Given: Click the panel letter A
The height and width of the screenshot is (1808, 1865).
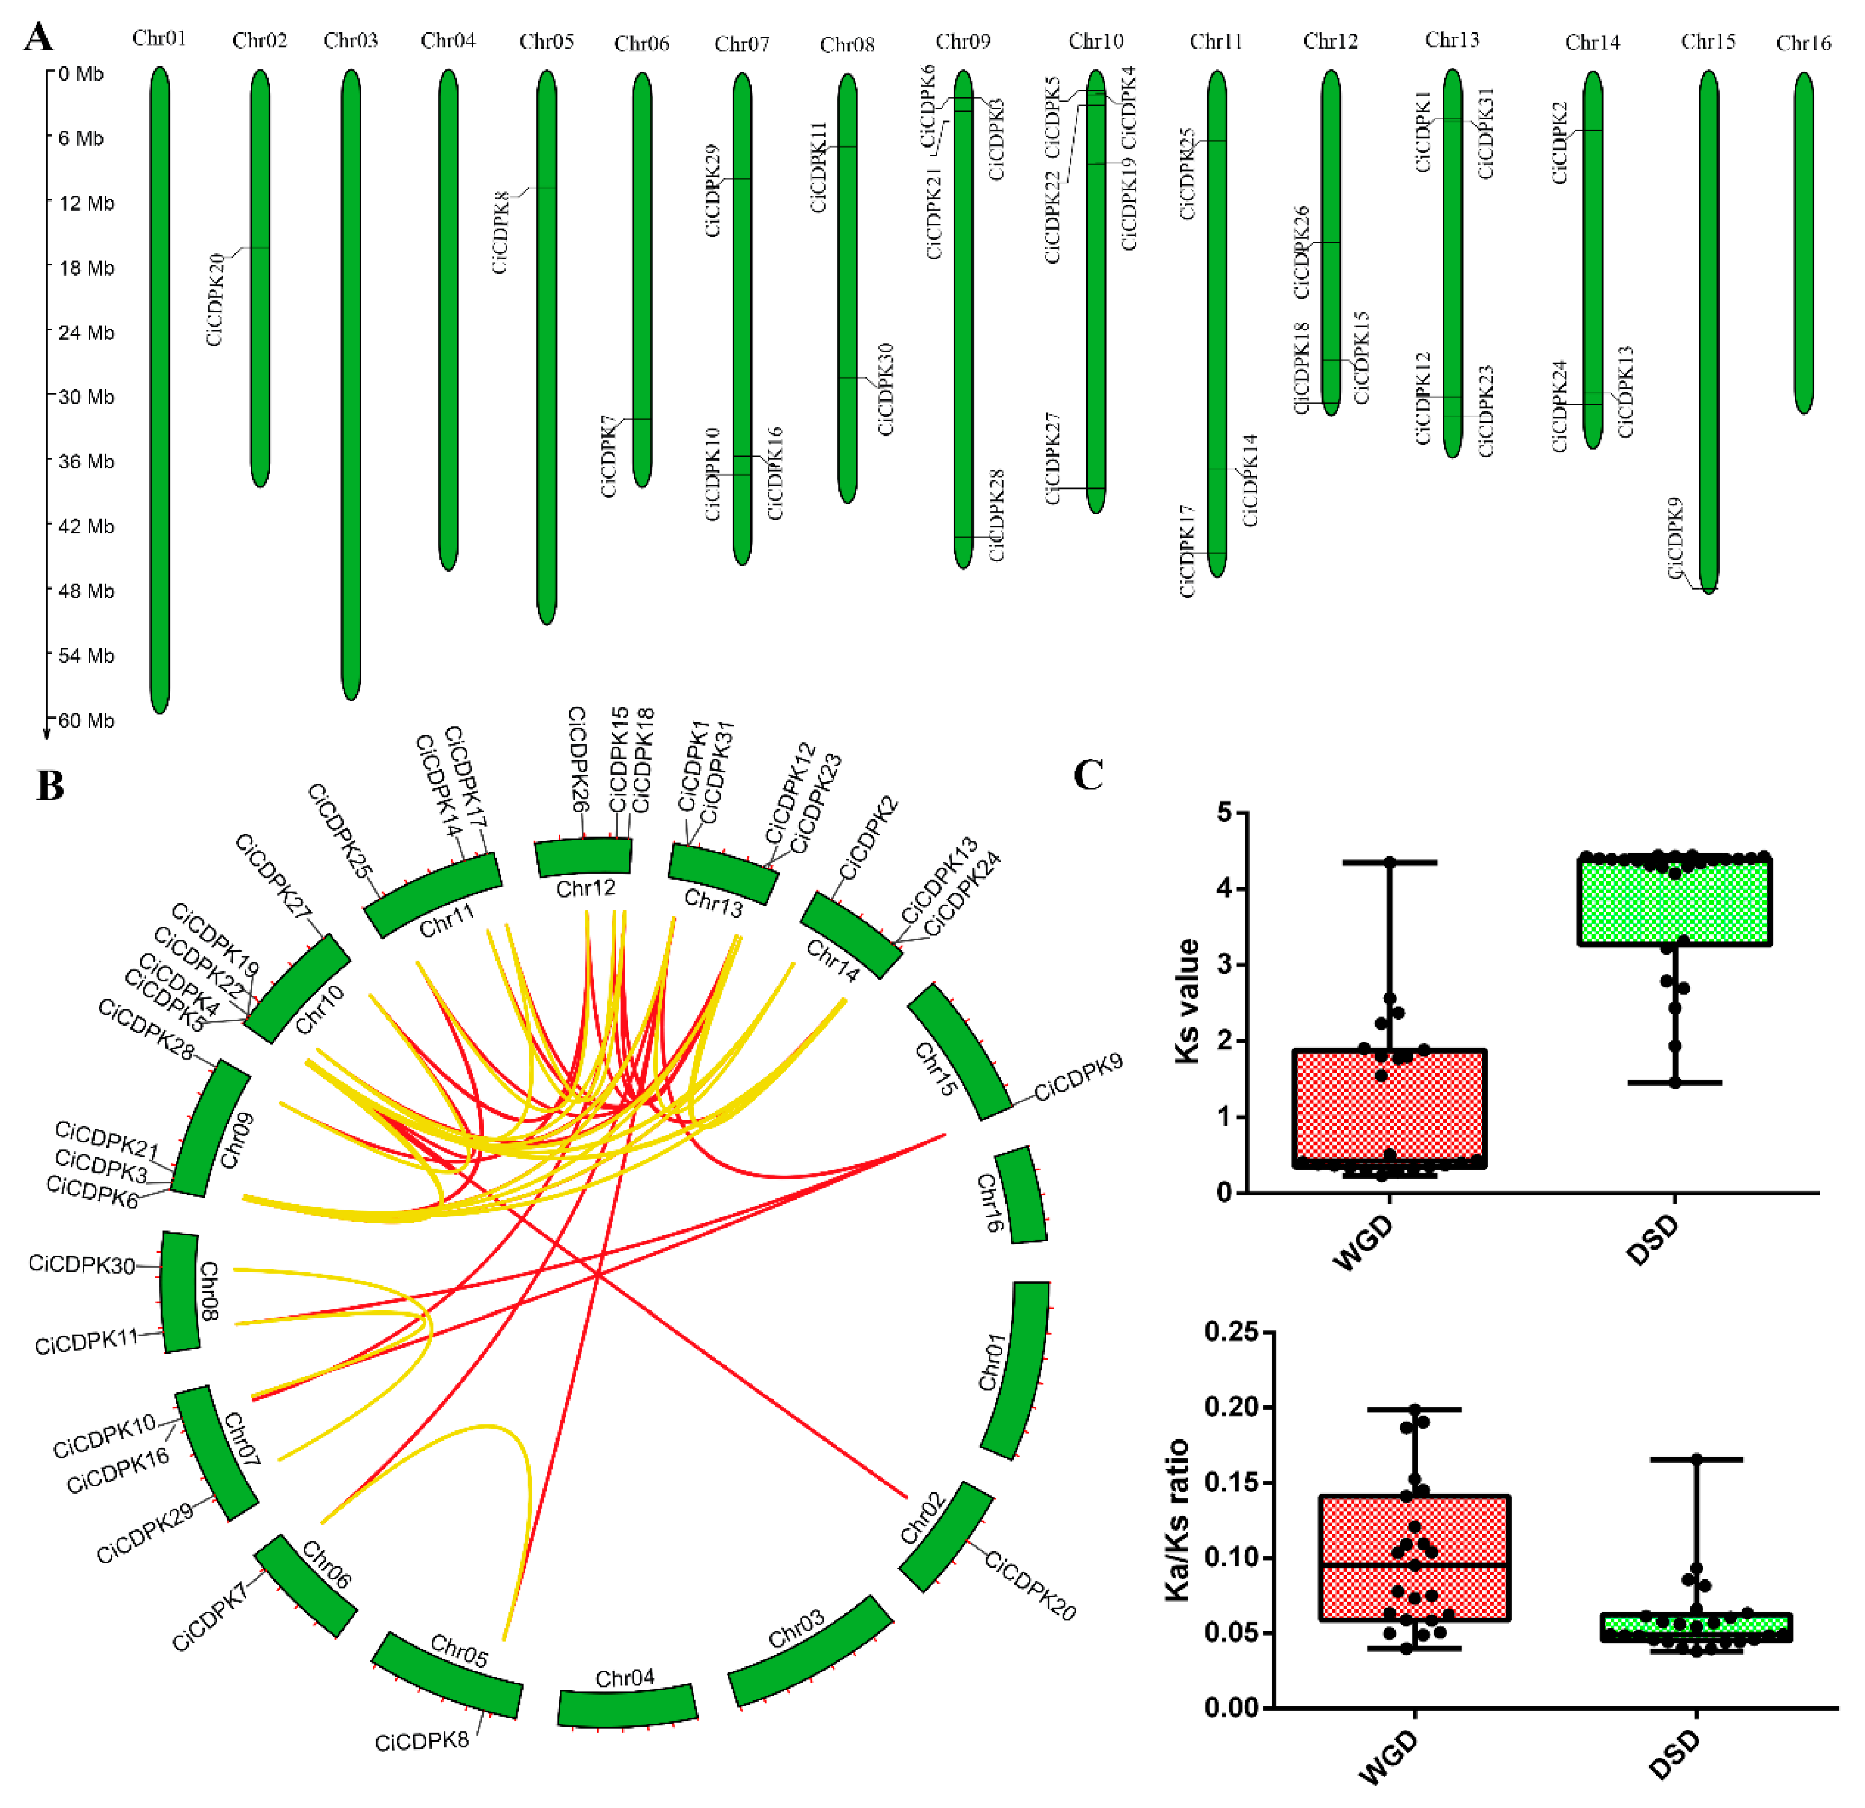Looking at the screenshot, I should coord(38,37).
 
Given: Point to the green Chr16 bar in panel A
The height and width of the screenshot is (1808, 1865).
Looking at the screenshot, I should coord(1803,243).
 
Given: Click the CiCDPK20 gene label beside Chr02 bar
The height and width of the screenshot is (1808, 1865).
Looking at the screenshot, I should coord(215,300).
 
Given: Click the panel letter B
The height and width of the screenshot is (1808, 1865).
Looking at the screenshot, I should coord(50,786).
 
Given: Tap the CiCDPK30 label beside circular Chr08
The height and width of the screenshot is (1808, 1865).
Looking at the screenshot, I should coord(81,1264).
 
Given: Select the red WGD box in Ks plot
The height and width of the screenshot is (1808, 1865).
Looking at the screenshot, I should coord(1389,1109).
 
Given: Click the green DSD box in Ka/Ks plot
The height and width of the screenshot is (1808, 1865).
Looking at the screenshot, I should coord(1696,1626).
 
